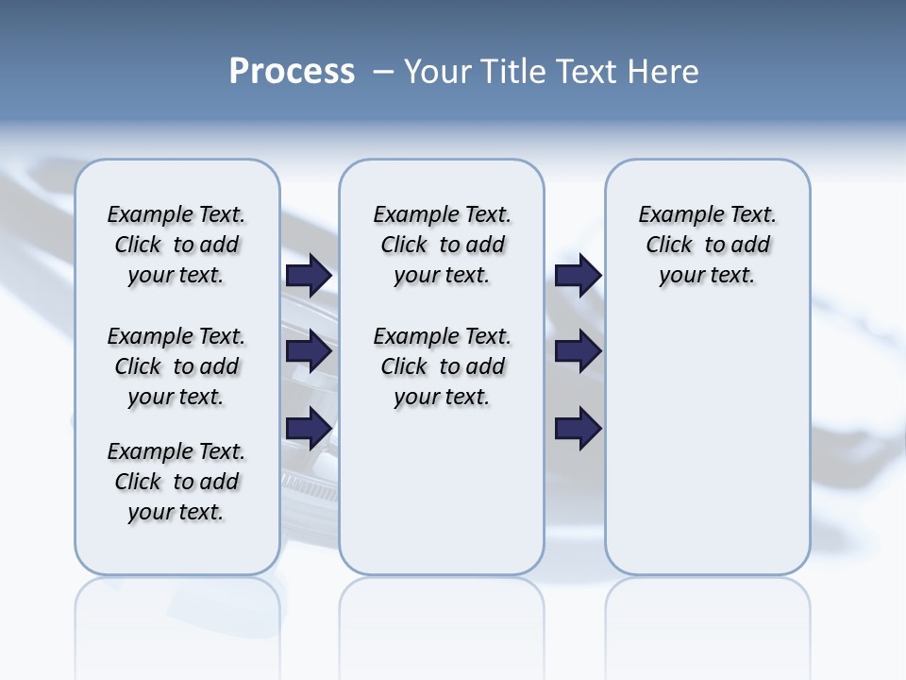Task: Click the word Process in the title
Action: click(x=292, y=72)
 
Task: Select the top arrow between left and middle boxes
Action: click(x=309, y=275)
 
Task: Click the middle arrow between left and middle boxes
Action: click(x=309, y=352)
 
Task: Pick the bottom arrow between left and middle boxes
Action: click(x=309, y=429)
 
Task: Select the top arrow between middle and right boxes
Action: click(x=578, y=275)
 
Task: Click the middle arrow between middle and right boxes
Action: click(x=578, y=352)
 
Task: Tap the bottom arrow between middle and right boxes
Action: click(x=578, y=429)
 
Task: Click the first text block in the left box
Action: click(x=176, y=245)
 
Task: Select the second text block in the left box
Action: click(x=176, y=366)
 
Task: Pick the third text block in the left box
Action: click(x=176, y=482)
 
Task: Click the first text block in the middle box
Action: click(x=442, y=245)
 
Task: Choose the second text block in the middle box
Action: click(x=442, y=366)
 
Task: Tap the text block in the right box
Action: click(x=707, y=245)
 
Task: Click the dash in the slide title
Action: click(x=383, y=73)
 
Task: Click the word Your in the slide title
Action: click(x=437, y=72)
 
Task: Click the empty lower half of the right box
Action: click(x=707, y=453)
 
